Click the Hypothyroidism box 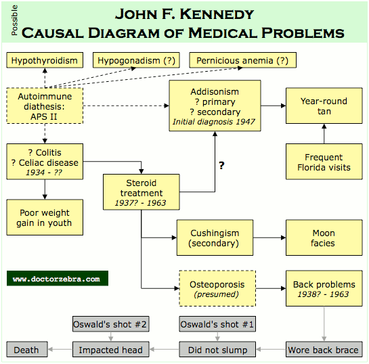pyautogui.click(x=45, y=60)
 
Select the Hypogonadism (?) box pyautogui.click(x=136, y=60)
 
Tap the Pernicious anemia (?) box pyautogui.click(x=242, y=60)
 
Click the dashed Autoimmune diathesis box pyautogui.click(x=45, y=106)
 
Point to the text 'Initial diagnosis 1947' pyautogui.click(x=214, y=122)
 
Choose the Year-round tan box pyautogui.click(x=324, y=106)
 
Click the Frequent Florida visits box pyautogui.click(x=324, y=162)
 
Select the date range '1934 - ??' pyautogui.click(x=44, y=173)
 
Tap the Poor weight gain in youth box pyautogui.click(x=45, y=217)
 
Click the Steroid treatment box pyautogui.click(x=142, y=192)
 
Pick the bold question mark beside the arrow pyautogui.click(x=221, y=166)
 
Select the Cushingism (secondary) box pyautogui.click(x=215, y=237)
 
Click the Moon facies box pyautogui.click(x=324, y=237)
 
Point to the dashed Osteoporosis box pyautogui.click(x=217, y=288)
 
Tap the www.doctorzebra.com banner pyautogui.click(x=58, y=278)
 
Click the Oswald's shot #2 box pyautogui.click(x=111, y=324)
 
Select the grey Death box pyautogui.click(x=27, y=349)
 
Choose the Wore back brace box pyautogui.click(x=324, y=349)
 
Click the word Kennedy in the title pyautogui.click(x=217, y=14)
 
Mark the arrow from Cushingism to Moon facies pyautogui.click(x=269, y=237)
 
